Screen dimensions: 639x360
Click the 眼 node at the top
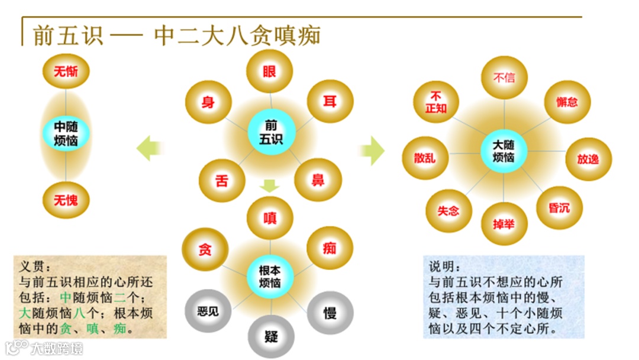(x=270, y=72)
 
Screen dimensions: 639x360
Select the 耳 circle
(x=330, y=102)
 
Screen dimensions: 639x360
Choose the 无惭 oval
(x=66, y=72)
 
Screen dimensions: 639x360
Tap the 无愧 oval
(x=66, y=200)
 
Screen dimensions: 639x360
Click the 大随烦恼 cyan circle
(x=504, y=151)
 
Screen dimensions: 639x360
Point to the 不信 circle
(x=504, y=78)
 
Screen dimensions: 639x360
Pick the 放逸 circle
(x=588, y=159)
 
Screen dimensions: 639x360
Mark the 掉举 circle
(x=504, y=224)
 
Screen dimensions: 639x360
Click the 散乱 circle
(x=425, y=158)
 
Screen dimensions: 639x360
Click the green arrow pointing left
(x=149, y=147)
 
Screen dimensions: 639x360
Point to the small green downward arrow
(x=270, y=186)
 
